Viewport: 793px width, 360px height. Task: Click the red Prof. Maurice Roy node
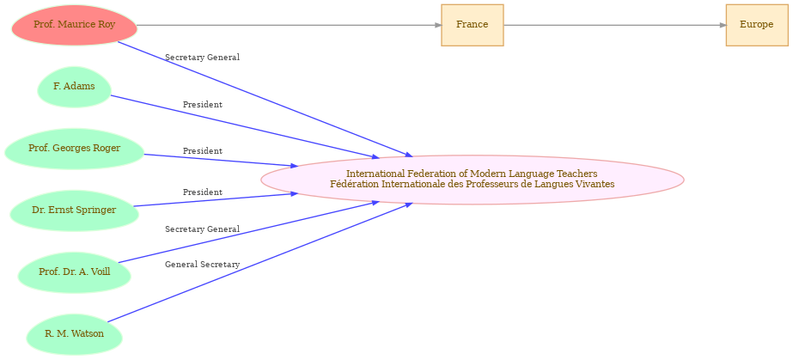[75, 25]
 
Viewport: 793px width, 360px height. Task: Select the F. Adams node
[74, 87]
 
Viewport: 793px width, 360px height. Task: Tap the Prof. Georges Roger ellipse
[75, 149]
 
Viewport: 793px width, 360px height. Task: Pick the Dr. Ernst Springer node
[74, 211]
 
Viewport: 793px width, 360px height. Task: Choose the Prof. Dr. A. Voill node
[75, 272]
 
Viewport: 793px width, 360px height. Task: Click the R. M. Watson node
[75, 334]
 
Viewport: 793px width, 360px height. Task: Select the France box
[472, 25]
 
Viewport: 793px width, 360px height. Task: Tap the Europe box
[756, 25]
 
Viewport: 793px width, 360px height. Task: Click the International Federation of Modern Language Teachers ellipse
[473, 180]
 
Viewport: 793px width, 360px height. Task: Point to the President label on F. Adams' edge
[202, 105]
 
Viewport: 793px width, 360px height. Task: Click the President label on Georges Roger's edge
[202, 151]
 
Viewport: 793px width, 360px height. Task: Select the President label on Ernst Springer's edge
[202, 192]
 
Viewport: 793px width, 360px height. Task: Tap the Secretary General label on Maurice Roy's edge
[202, 58]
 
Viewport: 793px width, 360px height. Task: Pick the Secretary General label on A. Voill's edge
[202, 229]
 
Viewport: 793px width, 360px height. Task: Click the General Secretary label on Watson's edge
[202, 265]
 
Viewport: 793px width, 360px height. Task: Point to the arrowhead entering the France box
[438, 25]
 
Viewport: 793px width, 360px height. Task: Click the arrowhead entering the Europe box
[723, 25]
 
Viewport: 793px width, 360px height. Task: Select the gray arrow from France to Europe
[614, 25]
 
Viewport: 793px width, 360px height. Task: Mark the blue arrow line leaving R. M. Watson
[260, 262]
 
